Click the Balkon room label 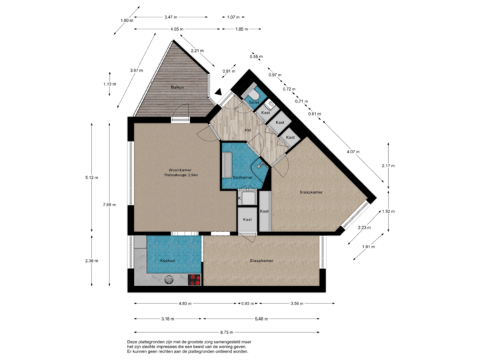[177, 87]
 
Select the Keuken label [167, 261]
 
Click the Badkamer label [243, 177]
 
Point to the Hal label [247, 129]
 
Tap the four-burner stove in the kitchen [195, 280]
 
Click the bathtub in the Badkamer [228, 162]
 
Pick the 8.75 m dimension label [227, 332]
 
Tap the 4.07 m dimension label [351, 152]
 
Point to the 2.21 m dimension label [197, 51]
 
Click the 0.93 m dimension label [247, 304]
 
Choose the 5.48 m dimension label [261, 319]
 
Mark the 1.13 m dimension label [109, 84]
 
